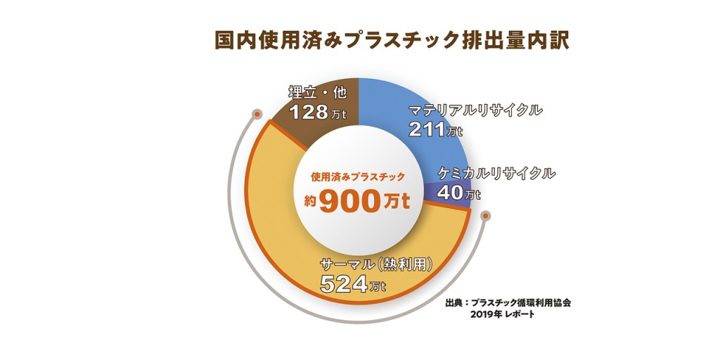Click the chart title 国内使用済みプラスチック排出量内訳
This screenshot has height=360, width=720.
pyautogui.click(x=391, y=39)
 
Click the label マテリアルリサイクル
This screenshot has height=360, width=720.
pyautogui.click(x=475, y=110)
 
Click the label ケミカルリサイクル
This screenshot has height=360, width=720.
pyautogui.click(x=496, y=172)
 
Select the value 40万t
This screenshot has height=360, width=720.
pyautogui.click(x=458, y=191)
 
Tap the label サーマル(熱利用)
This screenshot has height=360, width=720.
pyautogui.click(x=375, y=265)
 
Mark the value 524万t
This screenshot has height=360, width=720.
pyautogui.click(x=352, y=284)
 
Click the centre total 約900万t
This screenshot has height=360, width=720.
pyautogui.click(x=358, y=202)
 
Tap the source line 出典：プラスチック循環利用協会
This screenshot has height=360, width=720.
pyautogui.click(x=508, y=303)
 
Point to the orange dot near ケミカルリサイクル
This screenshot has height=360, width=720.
pyautogui.click(x=484, y=215)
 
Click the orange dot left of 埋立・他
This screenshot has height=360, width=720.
pyautogui.click(x=258, y=113)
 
